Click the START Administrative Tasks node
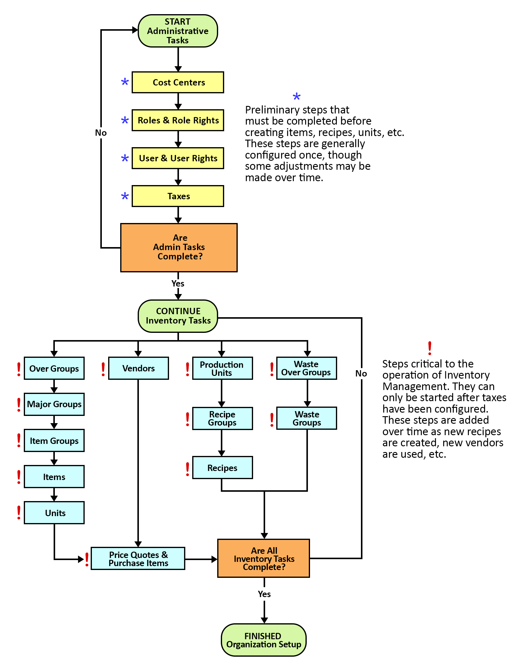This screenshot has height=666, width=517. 178,31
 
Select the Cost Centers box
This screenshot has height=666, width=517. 178,82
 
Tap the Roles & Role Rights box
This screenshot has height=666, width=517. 178,120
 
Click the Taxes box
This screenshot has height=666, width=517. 178,196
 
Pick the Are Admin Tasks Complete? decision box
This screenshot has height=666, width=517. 179,247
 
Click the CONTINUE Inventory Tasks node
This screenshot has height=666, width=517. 178,316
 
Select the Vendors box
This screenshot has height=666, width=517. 138,368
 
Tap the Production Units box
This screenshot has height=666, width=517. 222,368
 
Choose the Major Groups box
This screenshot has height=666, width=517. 54,404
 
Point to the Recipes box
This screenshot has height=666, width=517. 222,467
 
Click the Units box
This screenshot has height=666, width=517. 54,513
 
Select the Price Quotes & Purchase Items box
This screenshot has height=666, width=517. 138,558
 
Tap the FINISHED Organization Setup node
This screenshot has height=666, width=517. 263,640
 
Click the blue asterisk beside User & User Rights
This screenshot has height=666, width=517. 125,158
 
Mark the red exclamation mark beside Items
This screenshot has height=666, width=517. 19,477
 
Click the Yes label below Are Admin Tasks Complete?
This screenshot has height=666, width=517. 178,283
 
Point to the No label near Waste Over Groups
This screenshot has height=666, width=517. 361,373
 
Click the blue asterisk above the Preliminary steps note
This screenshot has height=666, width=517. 296,97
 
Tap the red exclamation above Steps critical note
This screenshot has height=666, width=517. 430,348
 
